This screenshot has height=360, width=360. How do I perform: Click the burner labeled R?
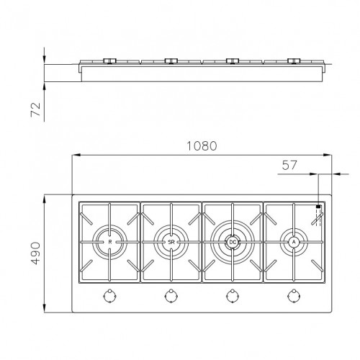109,243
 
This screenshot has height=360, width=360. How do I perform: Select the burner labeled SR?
171,243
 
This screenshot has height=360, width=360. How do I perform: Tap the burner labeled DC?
232,243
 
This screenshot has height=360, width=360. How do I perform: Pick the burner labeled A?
294,242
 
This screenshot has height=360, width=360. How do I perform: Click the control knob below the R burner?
109,294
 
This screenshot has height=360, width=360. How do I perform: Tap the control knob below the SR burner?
171,294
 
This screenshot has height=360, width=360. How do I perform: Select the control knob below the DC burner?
232,294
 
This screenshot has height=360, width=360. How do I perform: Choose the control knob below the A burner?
294,294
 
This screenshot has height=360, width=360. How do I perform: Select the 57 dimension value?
289,166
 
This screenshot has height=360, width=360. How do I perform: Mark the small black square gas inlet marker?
318,207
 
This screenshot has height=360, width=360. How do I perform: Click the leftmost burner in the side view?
109,61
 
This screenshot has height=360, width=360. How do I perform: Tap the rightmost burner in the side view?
294,61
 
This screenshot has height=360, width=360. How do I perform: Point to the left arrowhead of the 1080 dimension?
75,155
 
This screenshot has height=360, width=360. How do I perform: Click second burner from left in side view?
171,61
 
